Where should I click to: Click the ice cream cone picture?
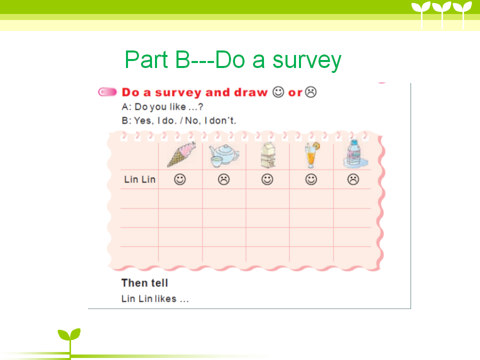pos(181,154)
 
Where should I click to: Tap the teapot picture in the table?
pos(224,156)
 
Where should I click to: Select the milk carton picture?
pos(268,155)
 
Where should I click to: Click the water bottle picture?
pos(355,154)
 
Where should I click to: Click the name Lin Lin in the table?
pos(140,179)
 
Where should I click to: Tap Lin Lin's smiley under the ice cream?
pos(180,179)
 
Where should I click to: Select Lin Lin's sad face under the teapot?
pos(224,179)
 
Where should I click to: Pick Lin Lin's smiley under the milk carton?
pos(267,179)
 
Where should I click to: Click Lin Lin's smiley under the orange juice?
pos(311,179)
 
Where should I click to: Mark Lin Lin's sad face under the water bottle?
pos(353,179)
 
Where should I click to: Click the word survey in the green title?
pos(306,61)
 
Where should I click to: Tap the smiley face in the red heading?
pos(278,92)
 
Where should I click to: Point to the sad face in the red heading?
pos(311,92)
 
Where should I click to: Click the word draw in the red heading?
pos(250,92)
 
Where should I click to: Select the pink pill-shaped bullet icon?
pos(107,92)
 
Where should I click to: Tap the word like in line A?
pos(177,106)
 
